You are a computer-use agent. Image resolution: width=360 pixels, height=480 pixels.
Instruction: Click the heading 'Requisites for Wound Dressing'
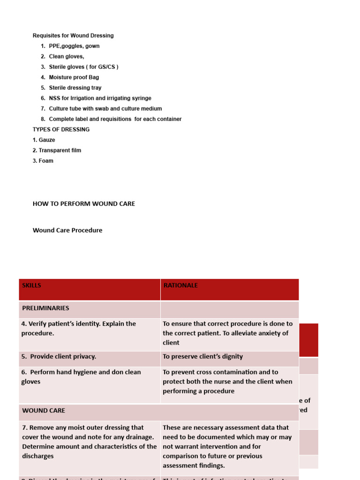point(73,36)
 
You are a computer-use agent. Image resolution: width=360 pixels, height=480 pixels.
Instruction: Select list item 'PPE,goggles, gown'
point(74,46)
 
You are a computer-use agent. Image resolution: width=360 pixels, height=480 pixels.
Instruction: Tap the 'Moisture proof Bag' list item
point(74,77)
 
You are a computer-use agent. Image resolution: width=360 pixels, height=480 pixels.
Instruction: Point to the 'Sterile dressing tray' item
point(75,88)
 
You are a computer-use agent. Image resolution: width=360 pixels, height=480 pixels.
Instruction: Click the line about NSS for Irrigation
point(100,98)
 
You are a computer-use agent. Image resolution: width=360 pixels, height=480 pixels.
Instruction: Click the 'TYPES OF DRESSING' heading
point(61,129)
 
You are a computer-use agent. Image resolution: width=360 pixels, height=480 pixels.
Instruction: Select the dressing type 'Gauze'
point(44,140)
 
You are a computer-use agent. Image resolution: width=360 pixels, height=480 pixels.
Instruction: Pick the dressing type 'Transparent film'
point(57,150)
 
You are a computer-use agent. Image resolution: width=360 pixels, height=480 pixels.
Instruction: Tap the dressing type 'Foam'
point(43,161)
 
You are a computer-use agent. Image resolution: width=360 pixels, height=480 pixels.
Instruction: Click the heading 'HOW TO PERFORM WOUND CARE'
point(84,204)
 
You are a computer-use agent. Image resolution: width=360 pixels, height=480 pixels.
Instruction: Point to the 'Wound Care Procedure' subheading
point(67,230)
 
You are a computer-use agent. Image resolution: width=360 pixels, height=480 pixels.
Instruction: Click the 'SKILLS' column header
point(31,285)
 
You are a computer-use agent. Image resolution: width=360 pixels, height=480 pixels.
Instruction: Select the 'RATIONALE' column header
point(180,285)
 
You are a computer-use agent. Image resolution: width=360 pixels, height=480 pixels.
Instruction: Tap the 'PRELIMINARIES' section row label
point(45,308)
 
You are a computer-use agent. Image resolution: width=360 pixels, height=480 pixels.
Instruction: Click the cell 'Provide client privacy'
point(59,356)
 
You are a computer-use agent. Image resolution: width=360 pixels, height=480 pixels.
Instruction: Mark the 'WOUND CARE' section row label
point(44,410)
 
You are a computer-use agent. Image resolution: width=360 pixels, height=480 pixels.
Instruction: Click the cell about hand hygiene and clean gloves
point(81,377)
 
